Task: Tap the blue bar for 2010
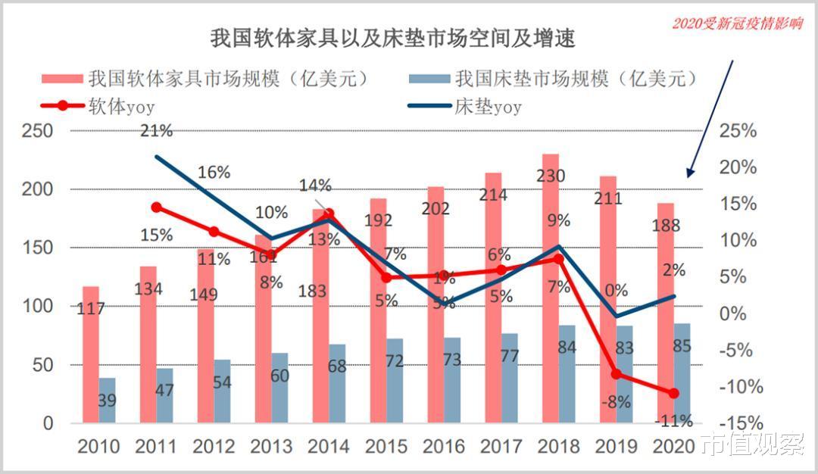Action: pos(108,400)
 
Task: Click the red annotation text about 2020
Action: pos(737,24)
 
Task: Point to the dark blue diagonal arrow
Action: pos(710,117)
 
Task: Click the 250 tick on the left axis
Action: pos(39,130)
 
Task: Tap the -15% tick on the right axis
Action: pos(737,423)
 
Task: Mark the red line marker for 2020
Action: pos(673,393)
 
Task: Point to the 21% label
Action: pos(157,130)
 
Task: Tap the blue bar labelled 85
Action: pos(682,373)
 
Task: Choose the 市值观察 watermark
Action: pos(752,444)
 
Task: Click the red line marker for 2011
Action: pos(156,207)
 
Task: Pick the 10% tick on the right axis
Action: pos(738,240)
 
